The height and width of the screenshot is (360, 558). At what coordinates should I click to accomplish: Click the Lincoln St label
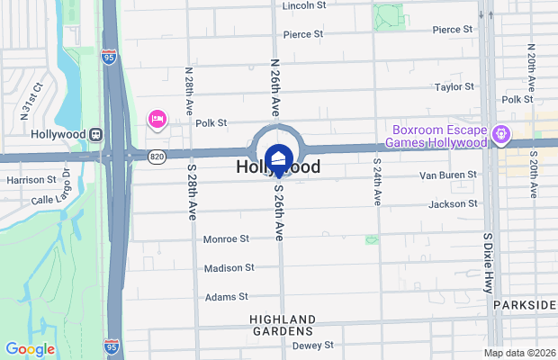[303, 5]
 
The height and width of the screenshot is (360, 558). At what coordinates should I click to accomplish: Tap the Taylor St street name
[454, 87]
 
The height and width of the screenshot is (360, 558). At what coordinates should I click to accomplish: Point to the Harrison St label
[31, 180]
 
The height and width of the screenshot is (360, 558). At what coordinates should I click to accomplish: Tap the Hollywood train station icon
[93, 134]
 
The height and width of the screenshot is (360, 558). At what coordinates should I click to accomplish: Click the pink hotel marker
[157, 118]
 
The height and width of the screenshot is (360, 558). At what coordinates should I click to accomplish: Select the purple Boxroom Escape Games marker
[500, 135]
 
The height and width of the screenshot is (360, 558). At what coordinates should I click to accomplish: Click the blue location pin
[279, 159]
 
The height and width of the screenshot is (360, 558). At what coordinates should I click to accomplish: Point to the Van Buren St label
[447, 174]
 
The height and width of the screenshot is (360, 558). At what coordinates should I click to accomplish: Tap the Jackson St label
[454, 204]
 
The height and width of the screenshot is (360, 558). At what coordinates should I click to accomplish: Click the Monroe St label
[226, 239]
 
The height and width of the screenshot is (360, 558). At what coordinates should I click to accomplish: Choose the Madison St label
[229, 268]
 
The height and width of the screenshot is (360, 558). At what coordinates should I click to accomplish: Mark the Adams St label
[226, 297]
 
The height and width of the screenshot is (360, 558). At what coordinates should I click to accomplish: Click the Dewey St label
[313, 345]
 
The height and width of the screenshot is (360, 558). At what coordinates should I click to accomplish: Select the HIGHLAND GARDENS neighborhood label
[283, 326]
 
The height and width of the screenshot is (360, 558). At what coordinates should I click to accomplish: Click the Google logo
[29, 349]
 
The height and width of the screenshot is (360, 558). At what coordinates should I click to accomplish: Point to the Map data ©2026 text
[518, 352]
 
